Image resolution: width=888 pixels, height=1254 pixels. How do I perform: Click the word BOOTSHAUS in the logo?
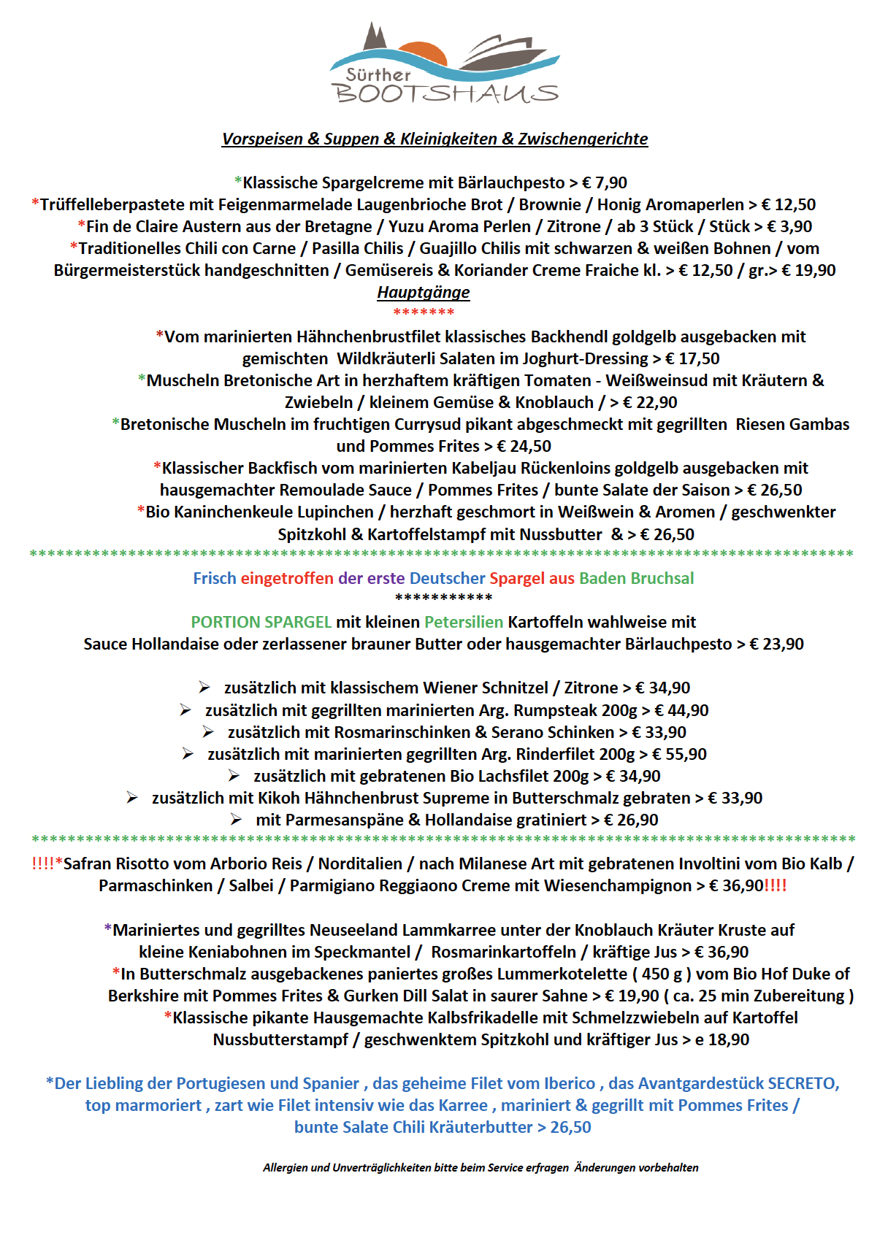[x=445, y=93]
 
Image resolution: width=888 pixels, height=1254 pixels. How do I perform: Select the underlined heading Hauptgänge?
[x=424, y=292]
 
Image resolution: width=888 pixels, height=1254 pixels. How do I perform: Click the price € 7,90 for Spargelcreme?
[x=605, y=182]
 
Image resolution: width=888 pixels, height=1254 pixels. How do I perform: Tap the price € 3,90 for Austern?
[x=789, y=226]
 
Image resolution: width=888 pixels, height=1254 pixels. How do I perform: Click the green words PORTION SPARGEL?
[x=261, y=622]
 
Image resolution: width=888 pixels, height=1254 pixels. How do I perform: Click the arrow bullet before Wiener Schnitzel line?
[x=204, y=688]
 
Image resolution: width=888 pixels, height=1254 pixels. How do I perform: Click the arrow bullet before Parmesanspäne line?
[x=236, y=820]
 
